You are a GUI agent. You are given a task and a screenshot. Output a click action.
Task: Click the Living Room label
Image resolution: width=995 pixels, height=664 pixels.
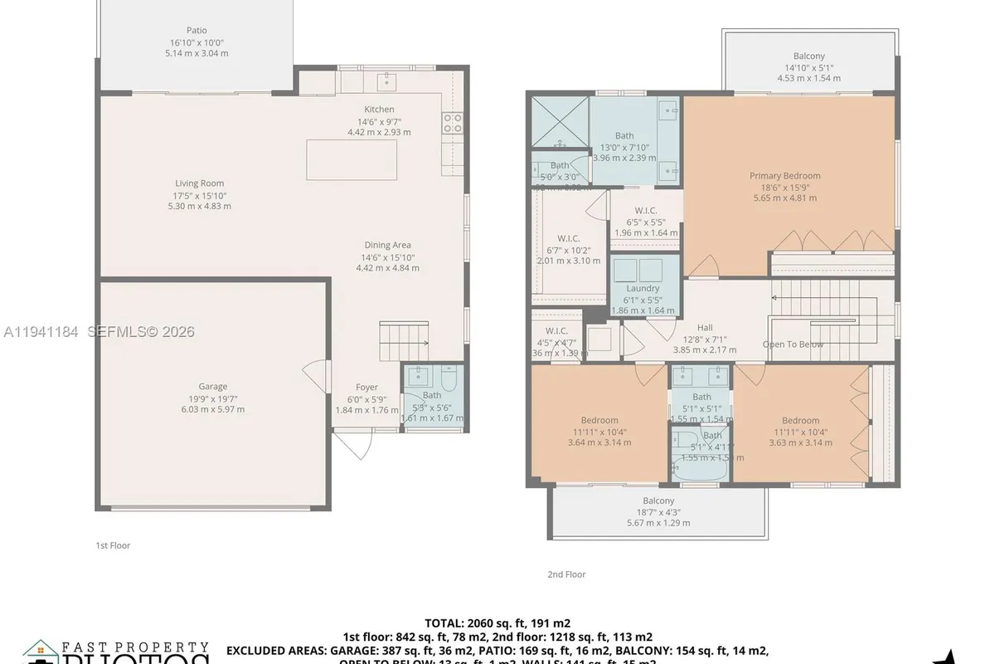click(x=199, y=183)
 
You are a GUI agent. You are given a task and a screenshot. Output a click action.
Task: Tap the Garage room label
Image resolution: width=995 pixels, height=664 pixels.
click(x=212, y=386)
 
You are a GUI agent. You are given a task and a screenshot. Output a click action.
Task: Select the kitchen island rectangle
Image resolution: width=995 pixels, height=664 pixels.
click(x=351, y=159)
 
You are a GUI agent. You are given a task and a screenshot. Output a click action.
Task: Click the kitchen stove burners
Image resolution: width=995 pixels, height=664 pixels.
click(x=453, y=123)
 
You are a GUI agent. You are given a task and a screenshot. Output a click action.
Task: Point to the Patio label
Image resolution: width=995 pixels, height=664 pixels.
click(x=197, y=31)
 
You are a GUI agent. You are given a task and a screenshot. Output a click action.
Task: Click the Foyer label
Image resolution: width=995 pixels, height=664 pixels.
click(x=366, y=387)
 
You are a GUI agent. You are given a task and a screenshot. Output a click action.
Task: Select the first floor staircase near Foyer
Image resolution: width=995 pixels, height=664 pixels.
click(x=403, y=340)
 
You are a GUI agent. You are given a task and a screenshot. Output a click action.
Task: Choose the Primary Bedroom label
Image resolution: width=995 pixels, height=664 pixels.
click(x=784, y=175)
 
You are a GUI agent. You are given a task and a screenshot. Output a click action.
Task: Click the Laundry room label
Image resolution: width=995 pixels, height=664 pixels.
click(x=643, y=288)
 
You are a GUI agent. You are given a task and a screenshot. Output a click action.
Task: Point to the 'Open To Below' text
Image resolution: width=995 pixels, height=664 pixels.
click(x=793, y=344)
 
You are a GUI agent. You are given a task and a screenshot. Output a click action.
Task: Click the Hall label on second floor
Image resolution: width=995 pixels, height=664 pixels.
click(x=704, y=327)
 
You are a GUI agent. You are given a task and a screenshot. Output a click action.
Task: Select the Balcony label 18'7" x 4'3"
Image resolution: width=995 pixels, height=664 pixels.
click(x=658, y=500)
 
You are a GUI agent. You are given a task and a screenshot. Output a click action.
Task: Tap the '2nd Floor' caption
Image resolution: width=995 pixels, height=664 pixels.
click(x=566, y=574)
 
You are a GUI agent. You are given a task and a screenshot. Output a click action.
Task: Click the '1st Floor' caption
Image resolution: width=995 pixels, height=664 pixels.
click(x=113, y=545)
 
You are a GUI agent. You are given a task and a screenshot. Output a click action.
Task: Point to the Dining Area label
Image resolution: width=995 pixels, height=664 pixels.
click(x=387, y=245)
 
